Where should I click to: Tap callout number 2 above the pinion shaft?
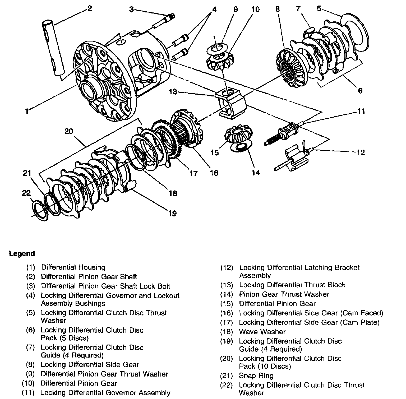point(89,8)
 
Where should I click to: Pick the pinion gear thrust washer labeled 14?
point(241,147)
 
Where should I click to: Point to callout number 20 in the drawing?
point(68,131)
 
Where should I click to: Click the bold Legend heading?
point(22,254)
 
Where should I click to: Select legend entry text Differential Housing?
point(73,267)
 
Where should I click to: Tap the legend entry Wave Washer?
point(262,332)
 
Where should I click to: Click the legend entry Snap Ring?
point(256,375)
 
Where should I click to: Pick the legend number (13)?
point(227,285)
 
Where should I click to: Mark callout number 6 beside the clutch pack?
point(360,91)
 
